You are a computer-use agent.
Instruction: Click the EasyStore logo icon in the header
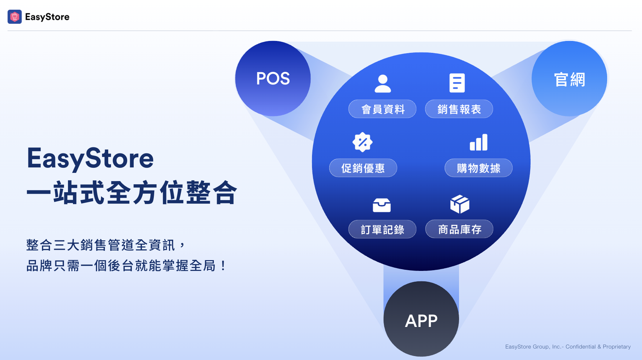click(15, 17)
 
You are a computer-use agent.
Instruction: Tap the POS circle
click(273, 78)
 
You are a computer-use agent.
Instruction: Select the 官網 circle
click(569, 79)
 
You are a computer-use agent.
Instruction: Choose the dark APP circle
click(421, 319)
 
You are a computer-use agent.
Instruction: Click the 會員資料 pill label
click(382, 109)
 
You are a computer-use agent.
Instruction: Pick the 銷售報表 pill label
click(459, 109)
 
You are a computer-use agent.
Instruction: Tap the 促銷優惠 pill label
click(363, 168)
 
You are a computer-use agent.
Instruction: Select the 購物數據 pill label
click(478, 168)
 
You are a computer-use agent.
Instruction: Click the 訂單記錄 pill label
click(382, 229)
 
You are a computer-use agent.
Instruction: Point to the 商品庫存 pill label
click(459, 229)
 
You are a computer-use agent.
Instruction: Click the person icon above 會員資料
click(383, 84)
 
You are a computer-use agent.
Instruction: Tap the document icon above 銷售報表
click(457, 83)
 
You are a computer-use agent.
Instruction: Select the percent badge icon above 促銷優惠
click(362, 142)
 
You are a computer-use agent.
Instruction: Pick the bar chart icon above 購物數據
click(479, 142)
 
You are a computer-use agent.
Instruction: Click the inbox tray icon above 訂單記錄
click(382, 205)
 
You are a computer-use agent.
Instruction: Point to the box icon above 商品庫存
click(460, 204)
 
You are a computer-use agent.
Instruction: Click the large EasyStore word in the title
click(90, 158)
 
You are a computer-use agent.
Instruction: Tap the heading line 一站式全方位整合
click(132, 193)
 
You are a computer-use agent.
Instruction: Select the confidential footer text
click(568, 347)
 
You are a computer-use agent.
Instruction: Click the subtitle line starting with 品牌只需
click(126, 266)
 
